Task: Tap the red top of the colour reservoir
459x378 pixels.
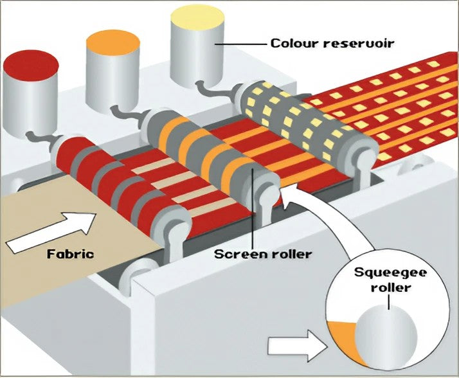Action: pyautogui.click(x=31, y=64)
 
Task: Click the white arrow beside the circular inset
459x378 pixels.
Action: pyautogui.click(x=292, y=348)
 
